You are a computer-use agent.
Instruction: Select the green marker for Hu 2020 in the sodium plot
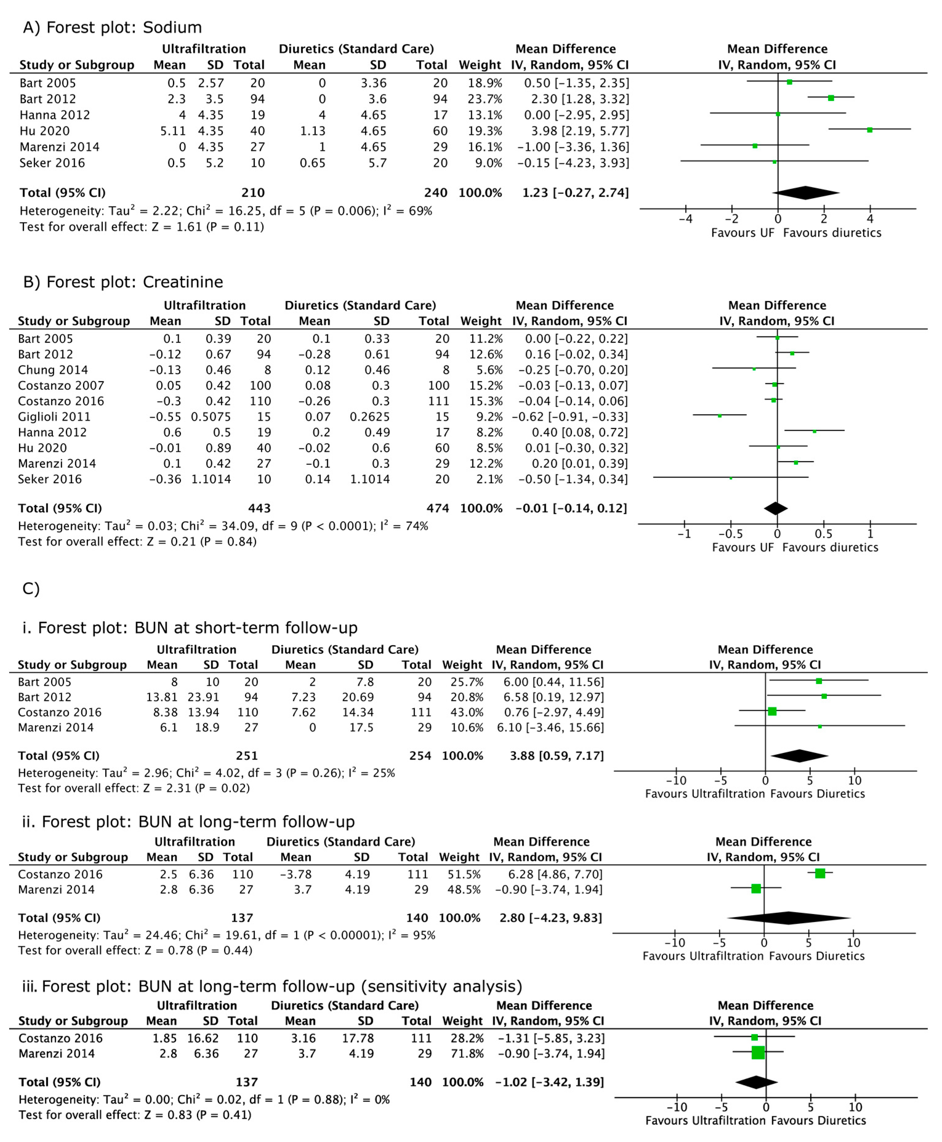[x=869, y=130]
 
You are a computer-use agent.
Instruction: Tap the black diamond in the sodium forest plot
[x=806, y=193]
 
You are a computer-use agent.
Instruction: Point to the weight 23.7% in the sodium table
[x=485, y=99]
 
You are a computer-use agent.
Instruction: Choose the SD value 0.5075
[x=210, y=417]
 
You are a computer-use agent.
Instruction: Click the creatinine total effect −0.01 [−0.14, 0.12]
[x=571, y=508]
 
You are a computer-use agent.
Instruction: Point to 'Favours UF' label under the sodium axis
[x=742, y=233]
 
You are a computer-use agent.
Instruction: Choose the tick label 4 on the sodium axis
[x=870, y=219]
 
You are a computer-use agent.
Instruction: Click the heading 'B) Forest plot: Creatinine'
[x=123, y=282]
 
